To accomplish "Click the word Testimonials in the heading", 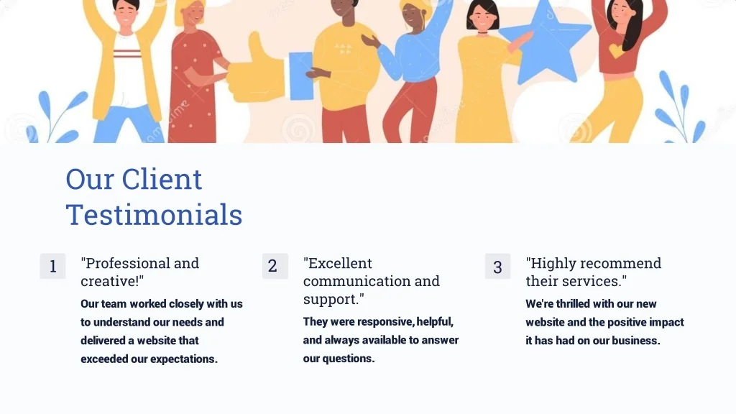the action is (154, 215).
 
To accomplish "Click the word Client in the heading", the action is (162, 179).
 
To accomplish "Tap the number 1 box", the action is (52, 266).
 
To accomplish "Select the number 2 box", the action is (275, 266).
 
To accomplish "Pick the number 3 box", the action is (497, 266).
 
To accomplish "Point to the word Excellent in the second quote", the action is (338, 263).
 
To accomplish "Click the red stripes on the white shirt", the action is (127, 52).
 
